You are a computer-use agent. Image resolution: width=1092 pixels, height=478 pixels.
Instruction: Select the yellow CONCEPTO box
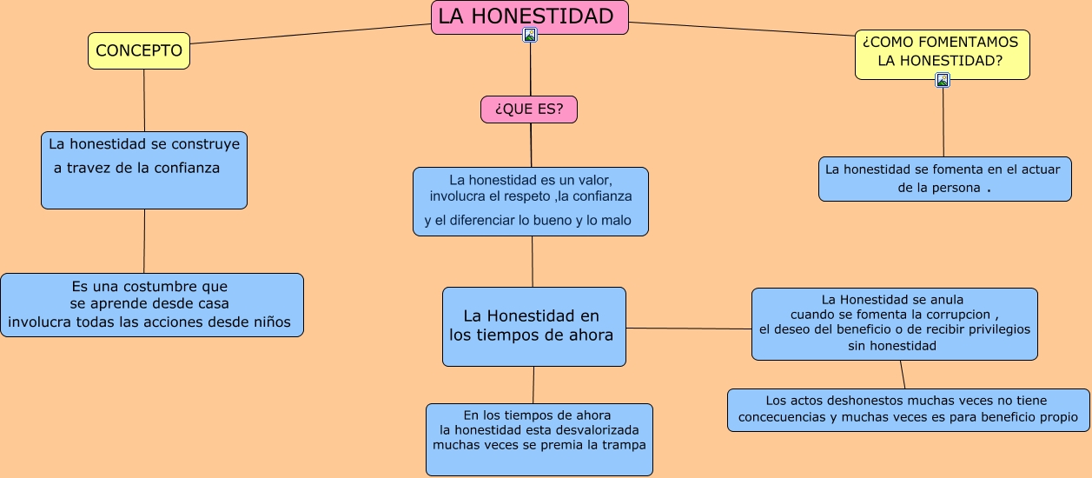(139, 51)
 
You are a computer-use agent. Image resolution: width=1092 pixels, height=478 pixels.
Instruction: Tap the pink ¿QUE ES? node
(528, 110)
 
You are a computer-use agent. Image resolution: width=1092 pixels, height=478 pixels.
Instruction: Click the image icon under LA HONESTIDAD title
(530, 35)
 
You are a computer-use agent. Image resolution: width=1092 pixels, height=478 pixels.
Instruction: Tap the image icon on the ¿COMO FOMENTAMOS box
(943, 80)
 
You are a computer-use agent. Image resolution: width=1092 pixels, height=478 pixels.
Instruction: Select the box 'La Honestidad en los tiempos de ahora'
(533, 326)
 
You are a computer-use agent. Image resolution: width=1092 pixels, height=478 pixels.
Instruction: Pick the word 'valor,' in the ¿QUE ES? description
(594, 180)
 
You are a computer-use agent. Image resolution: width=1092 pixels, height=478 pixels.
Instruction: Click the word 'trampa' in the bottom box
(624, 445)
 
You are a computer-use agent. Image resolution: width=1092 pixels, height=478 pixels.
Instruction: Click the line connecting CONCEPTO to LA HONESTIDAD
(310, 34)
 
